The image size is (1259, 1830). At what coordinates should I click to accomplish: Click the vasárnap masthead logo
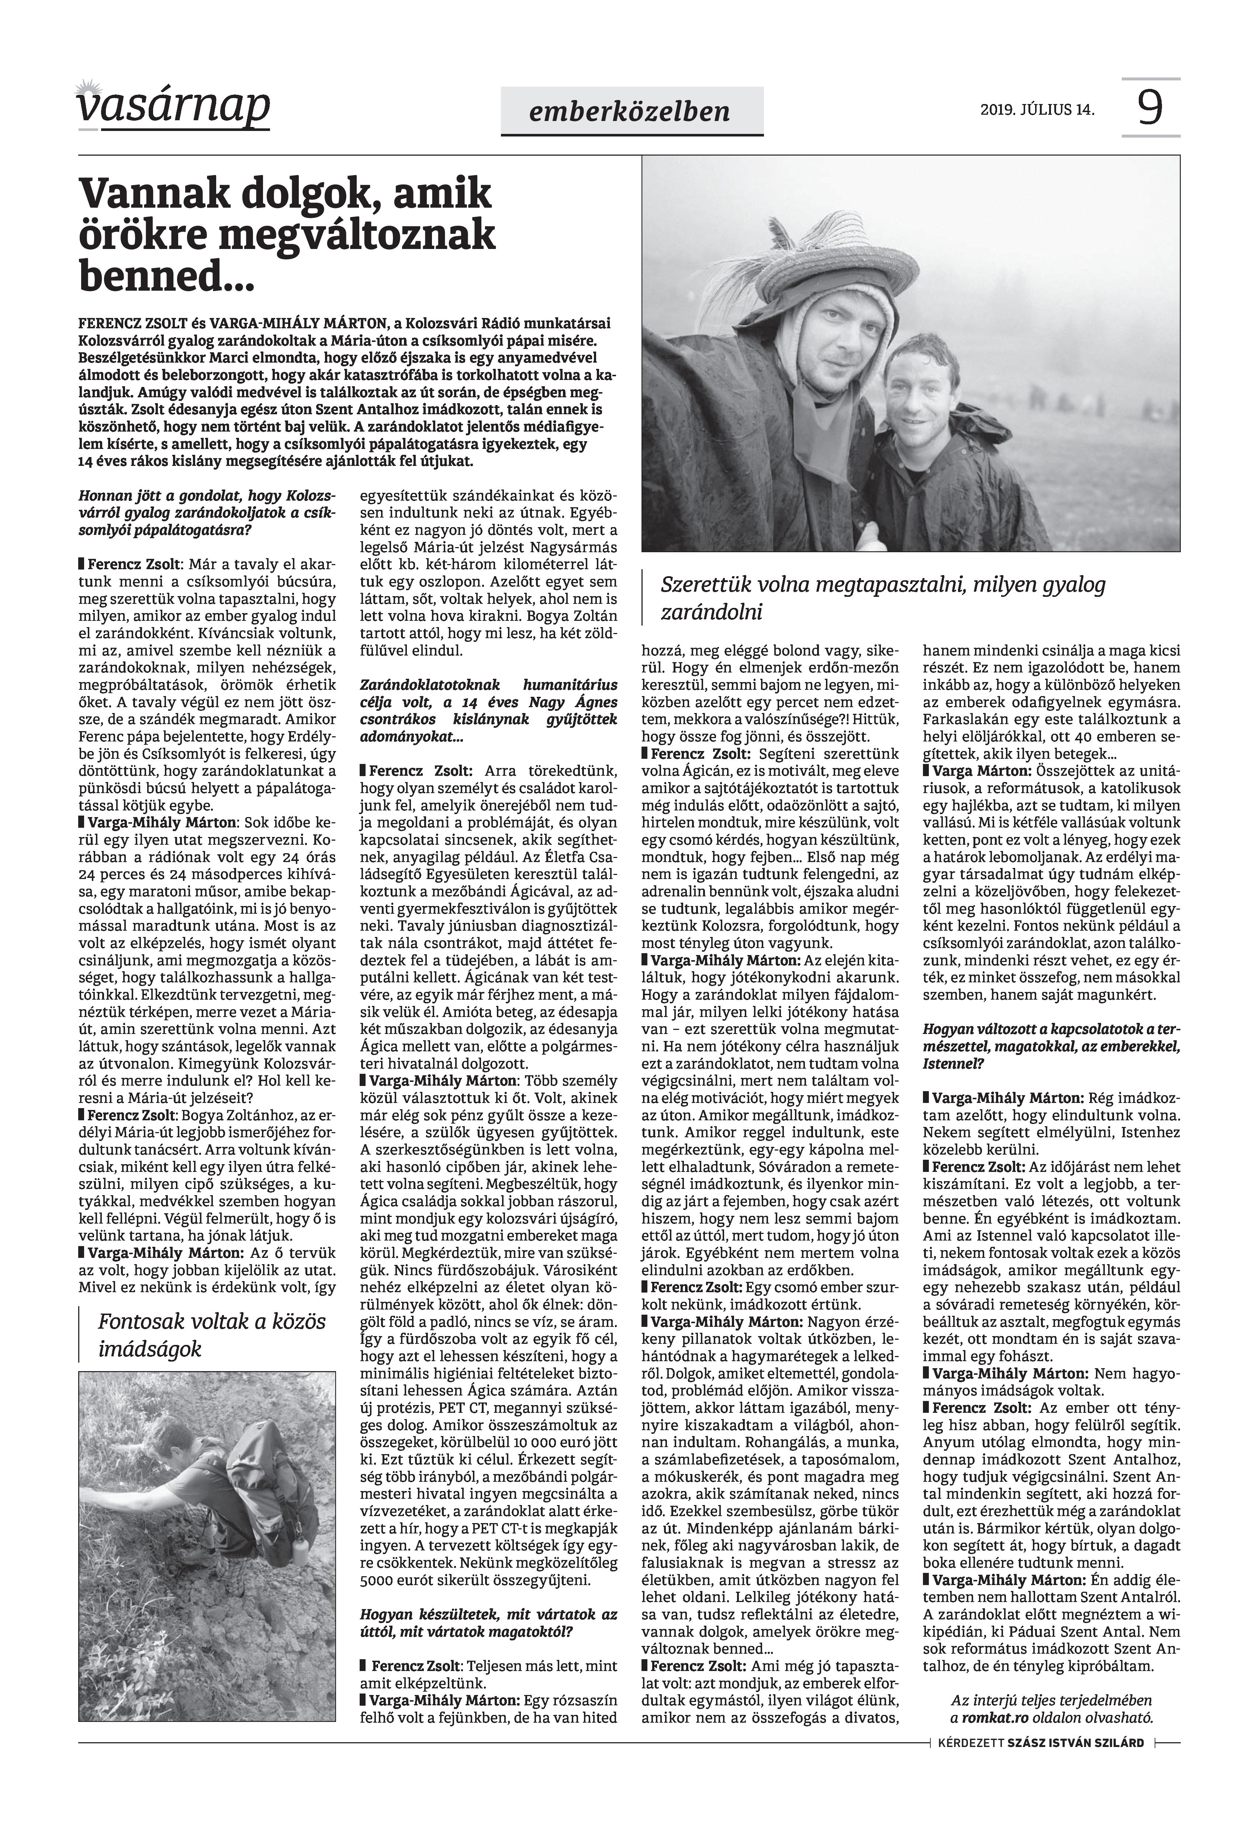173,107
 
